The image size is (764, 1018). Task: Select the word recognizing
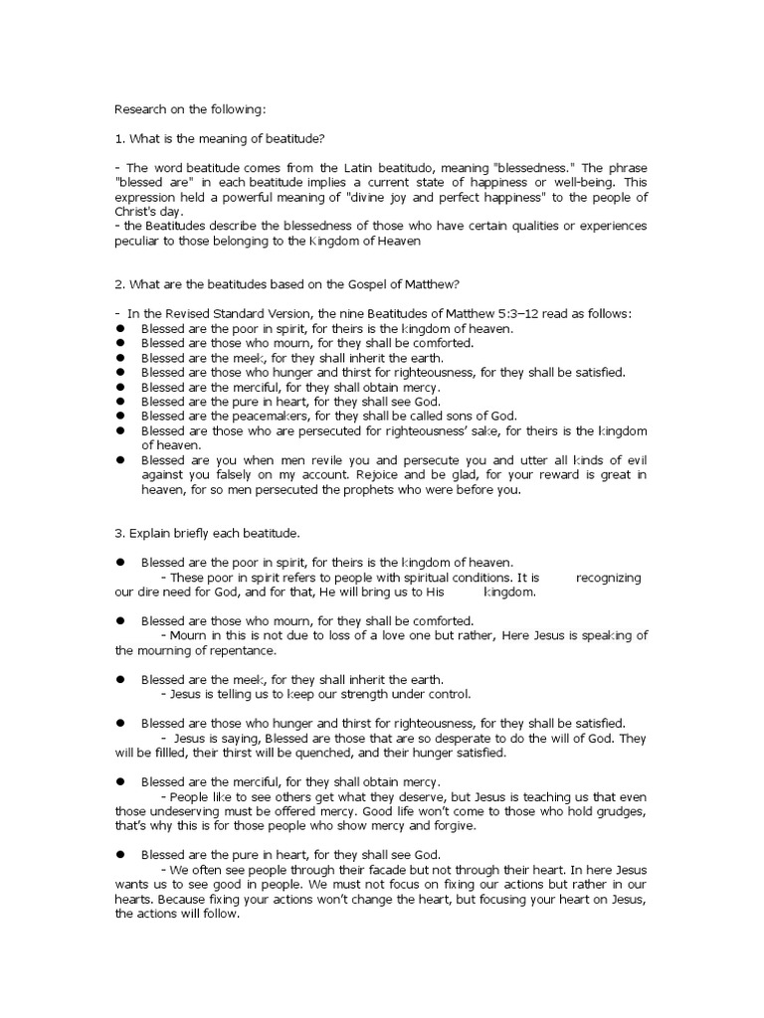click(608, 578)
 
